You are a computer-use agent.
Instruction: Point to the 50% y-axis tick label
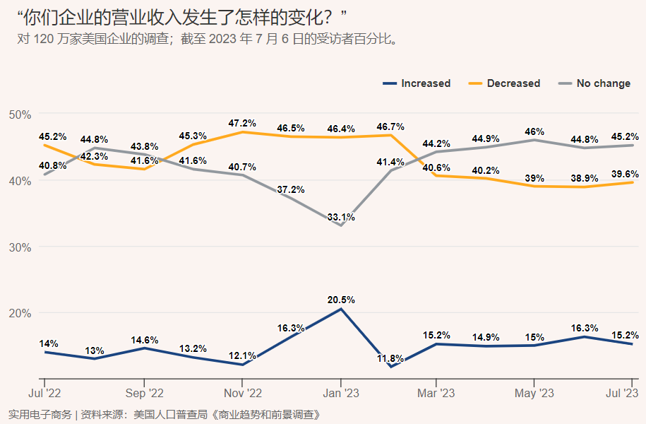(20, 114)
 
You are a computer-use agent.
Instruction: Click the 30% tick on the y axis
(20, 247)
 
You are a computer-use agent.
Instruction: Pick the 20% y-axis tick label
(20, 313)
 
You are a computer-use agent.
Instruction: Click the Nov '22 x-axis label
(242, 393)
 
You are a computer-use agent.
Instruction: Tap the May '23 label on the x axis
(534, 393)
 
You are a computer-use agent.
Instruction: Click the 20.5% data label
(341, 300)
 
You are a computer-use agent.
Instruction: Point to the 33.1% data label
(341, 218)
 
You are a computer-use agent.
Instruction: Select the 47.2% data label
(242, 123)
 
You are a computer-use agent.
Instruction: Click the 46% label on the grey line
(534, 131)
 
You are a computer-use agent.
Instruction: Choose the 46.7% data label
(390, 126)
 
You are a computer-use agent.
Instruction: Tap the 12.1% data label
(242, 355)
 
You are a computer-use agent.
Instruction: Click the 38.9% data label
(583, 178)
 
